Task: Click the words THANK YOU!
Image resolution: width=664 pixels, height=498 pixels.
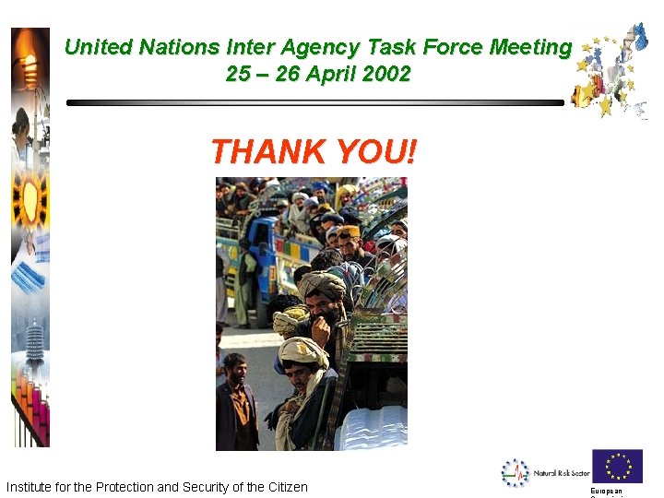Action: point(313,150)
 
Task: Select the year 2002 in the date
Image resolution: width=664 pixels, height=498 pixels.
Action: point(386,74)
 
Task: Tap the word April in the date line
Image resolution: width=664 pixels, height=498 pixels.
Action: point(332,74)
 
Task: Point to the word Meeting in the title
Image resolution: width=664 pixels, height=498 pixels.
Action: point(530,47)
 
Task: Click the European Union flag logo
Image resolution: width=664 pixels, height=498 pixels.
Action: point(616,467)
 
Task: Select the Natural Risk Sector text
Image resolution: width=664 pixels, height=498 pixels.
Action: point(561,473)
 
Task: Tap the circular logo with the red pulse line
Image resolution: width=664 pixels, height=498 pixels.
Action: point(515,472)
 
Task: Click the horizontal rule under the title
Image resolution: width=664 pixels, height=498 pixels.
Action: point(314,103)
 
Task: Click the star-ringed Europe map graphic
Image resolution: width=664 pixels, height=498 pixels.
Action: point(611,74)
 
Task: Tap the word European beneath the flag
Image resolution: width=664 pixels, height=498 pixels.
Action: point(607,492)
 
